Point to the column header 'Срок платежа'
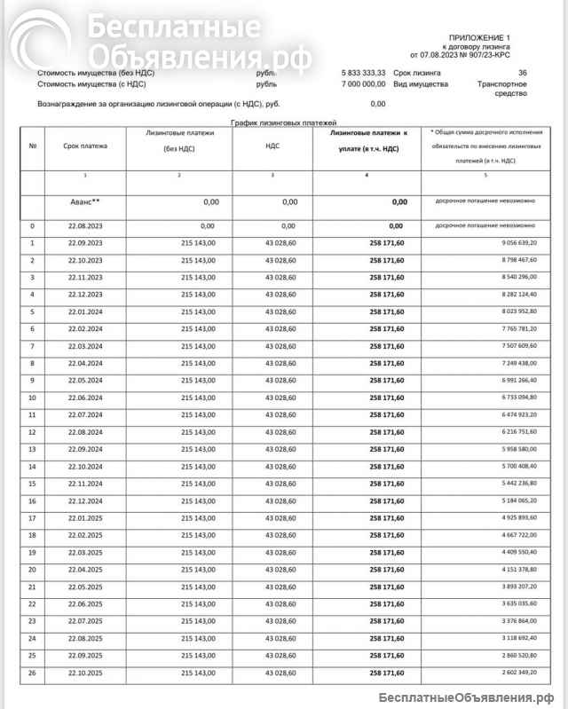click(85, 146)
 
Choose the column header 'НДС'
click(272, 146)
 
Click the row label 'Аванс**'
click(85, 202)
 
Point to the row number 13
click(32, 449)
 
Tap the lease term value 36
click(523, 73)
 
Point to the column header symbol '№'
click(32, 146)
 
